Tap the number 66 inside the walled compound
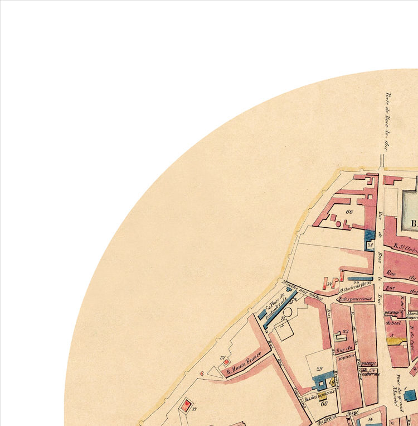coord(350,213)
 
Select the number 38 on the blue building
coord(370,244)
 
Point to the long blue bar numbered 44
coord(359,278)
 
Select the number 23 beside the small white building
coord(346,332)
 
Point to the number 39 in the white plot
coord(320,369)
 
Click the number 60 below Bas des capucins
coord(323,403)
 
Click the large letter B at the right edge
coord(414,225)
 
